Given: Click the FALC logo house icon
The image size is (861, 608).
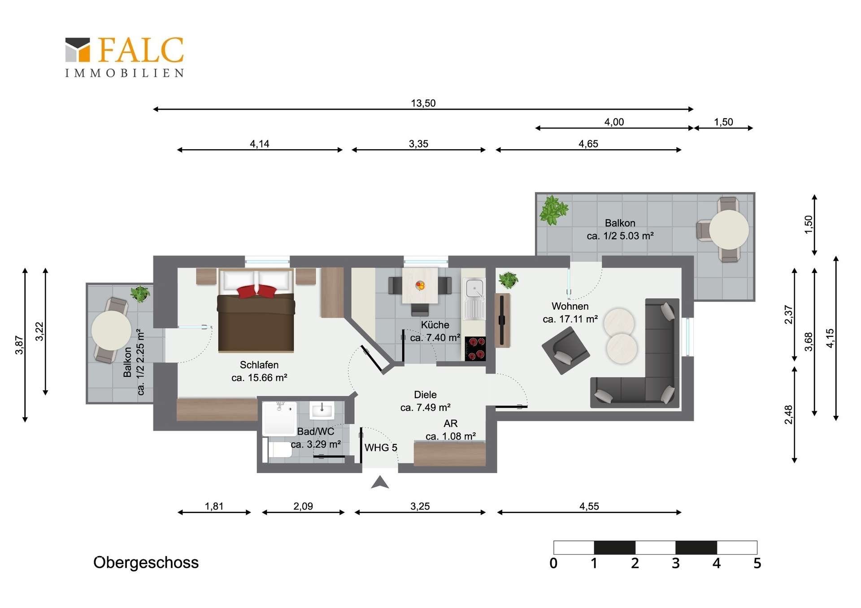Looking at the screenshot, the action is [x=78, y=49].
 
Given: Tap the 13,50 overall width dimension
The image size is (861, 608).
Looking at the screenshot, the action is [x=423, y=103].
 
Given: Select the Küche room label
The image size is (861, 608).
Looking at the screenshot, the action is [x=435, y=325].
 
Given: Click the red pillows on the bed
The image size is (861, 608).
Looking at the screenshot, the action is [x=257, y=291].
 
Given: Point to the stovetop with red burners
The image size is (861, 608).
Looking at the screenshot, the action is [x=475, y=349].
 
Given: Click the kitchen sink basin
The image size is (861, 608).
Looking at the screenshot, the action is [x=474, y=288].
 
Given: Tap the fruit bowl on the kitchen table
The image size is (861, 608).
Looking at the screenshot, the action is [x=420, y=285].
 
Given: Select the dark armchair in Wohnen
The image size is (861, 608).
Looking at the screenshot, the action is [x=565, y=350].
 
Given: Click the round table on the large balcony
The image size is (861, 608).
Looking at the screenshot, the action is [x=729, y=229].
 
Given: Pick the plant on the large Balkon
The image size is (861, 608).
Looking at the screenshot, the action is [x=554, y=210].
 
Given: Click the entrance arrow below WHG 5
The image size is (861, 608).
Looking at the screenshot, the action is [x=380, y=482].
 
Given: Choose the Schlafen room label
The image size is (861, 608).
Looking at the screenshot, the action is [x=259, y=365].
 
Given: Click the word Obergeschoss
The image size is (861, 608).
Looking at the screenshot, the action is [x=146, y=563].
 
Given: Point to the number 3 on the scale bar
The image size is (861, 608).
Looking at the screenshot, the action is [x=676, y=563].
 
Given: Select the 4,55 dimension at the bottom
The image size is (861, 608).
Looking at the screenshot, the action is [x=589, y=506].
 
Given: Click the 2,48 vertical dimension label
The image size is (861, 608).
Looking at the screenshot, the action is [x=789, y=414].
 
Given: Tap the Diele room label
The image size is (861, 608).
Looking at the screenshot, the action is [x=425, y=395].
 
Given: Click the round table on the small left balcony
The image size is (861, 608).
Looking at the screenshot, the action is [x=111, y=331].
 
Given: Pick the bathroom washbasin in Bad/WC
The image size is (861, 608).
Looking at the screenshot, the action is [x=322, y=410].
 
